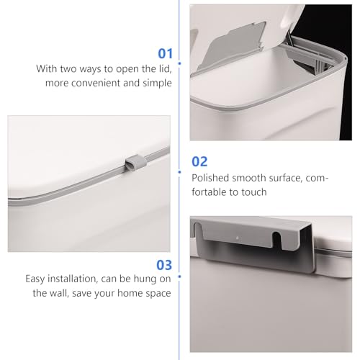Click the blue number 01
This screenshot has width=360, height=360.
click(x=166, y=53)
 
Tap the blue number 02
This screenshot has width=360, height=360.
click(x=199, y=161)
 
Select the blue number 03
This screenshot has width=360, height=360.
click(x=164, y=265)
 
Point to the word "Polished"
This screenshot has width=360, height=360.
click(x=210, y=178)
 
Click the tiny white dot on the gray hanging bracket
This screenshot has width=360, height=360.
click(x=238, y=238)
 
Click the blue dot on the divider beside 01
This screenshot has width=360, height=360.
click(x=179, y=63)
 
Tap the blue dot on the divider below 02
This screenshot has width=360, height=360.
click(x=179, y=172)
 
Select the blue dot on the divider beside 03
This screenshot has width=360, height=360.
click(x=179, y=276)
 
